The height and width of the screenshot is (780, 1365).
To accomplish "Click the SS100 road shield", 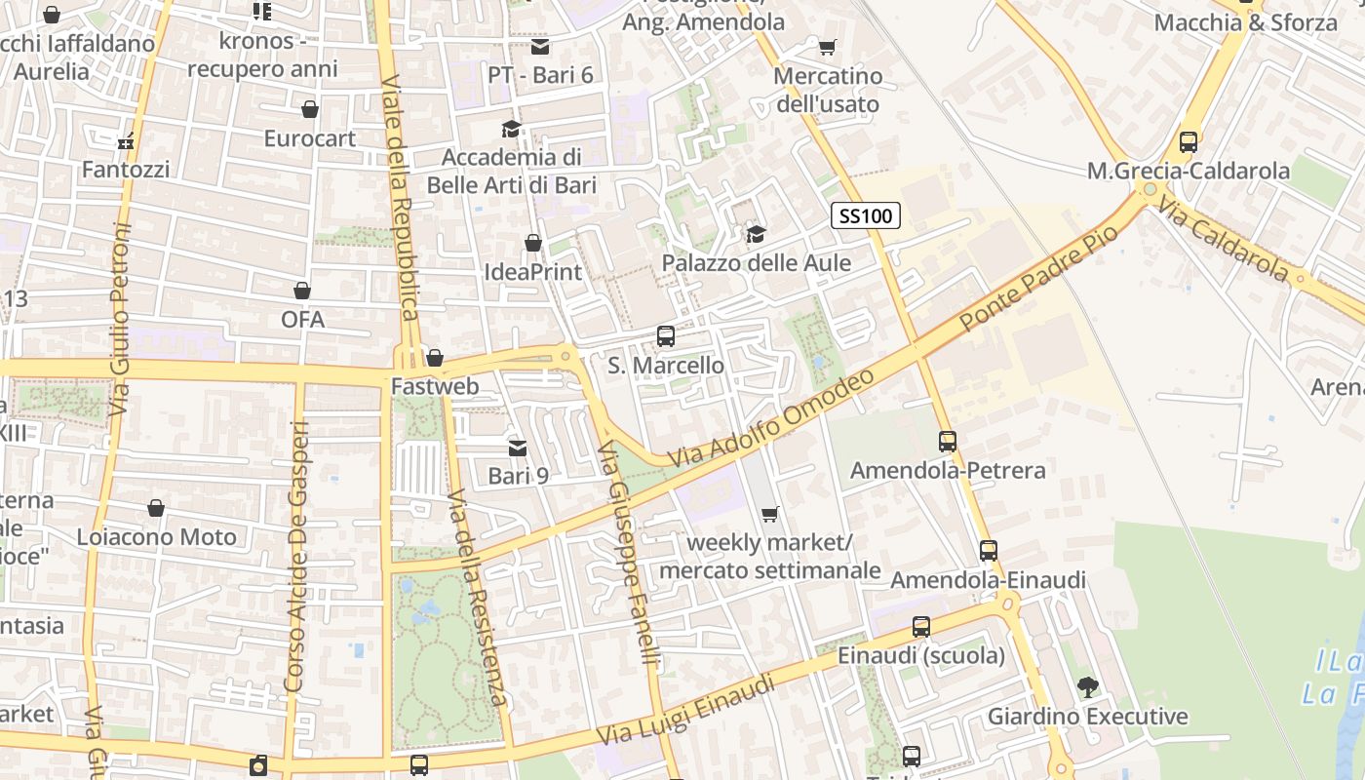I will (x=865, y=215).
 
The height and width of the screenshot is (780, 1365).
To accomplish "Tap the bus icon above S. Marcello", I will (x=666, y=336).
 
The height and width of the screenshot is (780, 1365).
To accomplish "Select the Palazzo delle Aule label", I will (x=756, y=263).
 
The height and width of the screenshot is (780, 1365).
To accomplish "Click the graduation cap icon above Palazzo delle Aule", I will (x=756, y=234).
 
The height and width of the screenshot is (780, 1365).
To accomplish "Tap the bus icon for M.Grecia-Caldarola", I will (x=1188, y=141).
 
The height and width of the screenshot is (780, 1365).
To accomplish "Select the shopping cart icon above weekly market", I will (x=770, y=514).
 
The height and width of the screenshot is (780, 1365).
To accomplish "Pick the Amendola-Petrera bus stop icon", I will (x=948, y=442).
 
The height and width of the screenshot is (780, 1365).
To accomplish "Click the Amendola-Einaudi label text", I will (x=988, y=580).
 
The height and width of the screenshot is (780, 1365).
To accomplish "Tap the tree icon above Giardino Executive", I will (x=1087, y=687).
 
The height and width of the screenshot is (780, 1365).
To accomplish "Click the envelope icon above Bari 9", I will (x=518, y=448).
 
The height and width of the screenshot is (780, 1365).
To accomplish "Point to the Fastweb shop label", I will (x=435, y=387).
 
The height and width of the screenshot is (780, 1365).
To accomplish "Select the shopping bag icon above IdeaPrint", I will (x=532, y=242).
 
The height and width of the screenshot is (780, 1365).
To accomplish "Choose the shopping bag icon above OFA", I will (x=302, y=291).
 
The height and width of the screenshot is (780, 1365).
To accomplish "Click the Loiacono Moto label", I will (x=156, y=537).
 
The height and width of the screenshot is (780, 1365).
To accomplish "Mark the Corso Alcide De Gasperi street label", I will (x=296, y=557).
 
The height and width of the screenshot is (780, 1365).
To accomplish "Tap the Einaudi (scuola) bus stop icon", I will (x=920, y=627).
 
